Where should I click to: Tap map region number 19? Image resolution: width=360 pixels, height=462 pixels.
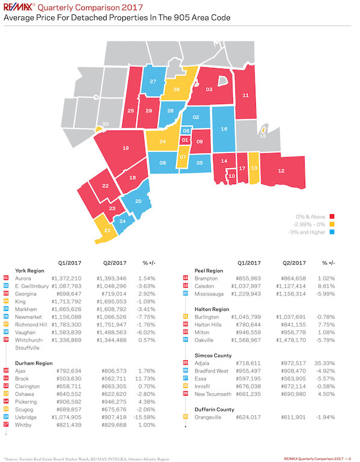pyautogui.click(x=125, y=148)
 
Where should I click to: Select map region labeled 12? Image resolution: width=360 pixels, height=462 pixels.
pyautogui.click(x=281, y=171)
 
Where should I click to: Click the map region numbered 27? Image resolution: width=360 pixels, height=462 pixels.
pyautogui.click(x=154, y=81)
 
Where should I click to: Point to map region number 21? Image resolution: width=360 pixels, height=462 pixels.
pyautogui.click(x=108, y=230)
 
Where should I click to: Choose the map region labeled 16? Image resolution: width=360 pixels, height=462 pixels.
pyautogui.click(x=223, y=129)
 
